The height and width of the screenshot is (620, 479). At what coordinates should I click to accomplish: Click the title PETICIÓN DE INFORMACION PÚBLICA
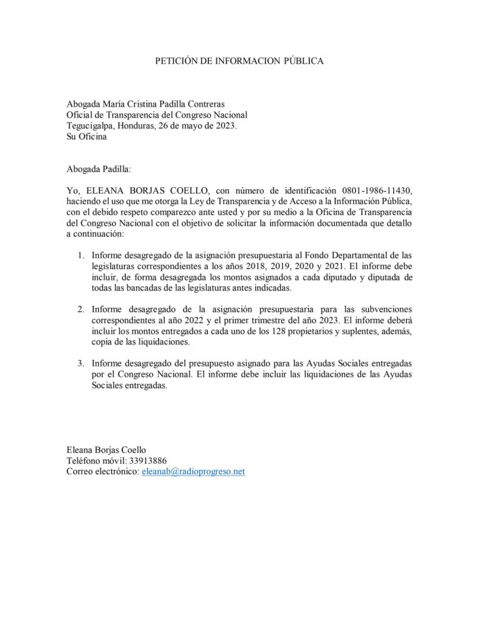coord(239,61)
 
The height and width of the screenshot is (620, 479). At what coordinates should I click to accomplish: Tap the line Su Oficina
coord(86,137)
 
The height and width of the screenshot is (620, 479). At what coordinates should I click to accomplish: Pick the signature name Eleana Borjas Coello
coord(106,449)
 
